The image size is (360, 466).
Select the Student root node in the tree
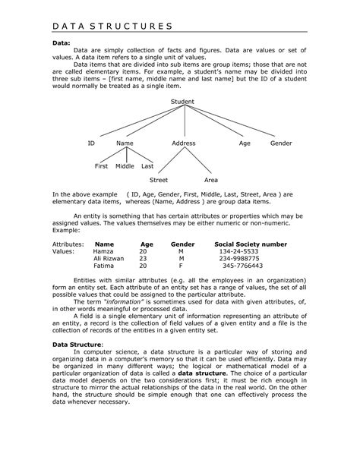[x=182, y=101]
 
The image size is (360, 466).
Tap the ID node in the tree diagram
[x=91, y=143]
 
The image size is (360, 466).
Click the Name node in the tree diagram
[x=125, y=143]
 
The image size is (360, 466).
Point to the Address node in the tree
[x=183, y=143]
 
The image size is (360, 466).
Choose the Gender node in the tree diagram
[x=280, y=143]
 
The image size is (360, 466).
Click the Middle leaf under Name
[x=125, y=165]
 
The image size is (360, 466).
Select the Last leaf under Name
[x=147, y=165]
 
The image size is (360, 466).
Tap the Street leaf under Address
[x=158, y=181]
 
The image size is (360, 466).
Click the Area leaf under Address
[x=211, y=181]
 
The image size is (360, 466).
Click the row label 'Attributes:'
[x=68, y=244]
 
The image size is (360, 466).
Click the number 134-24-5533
[x=238, y=251]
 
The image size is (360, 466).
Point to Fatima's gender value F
[x=181, y=266]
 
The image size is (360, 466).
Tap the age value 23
[x=143, y=259]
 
